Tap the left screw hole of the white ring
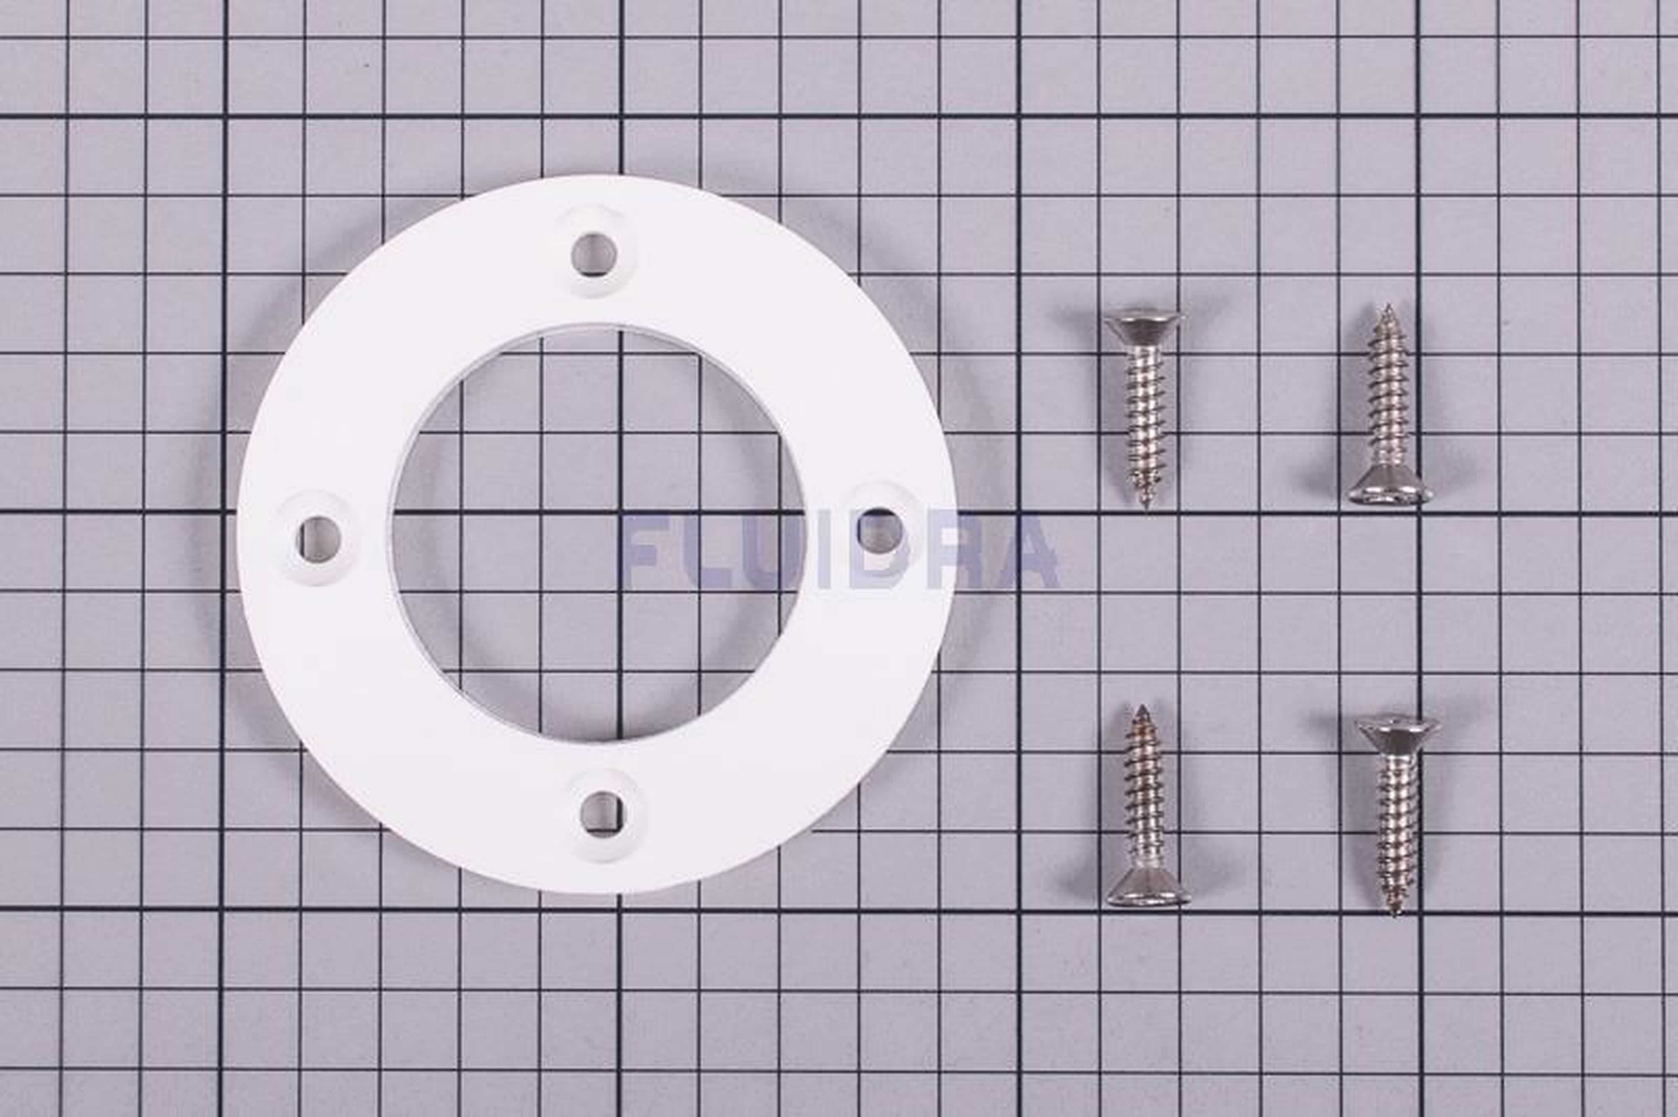pos(318,539)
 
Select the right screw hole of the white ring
pos(879,531)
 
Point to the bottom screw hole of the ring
pos(603,813)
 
